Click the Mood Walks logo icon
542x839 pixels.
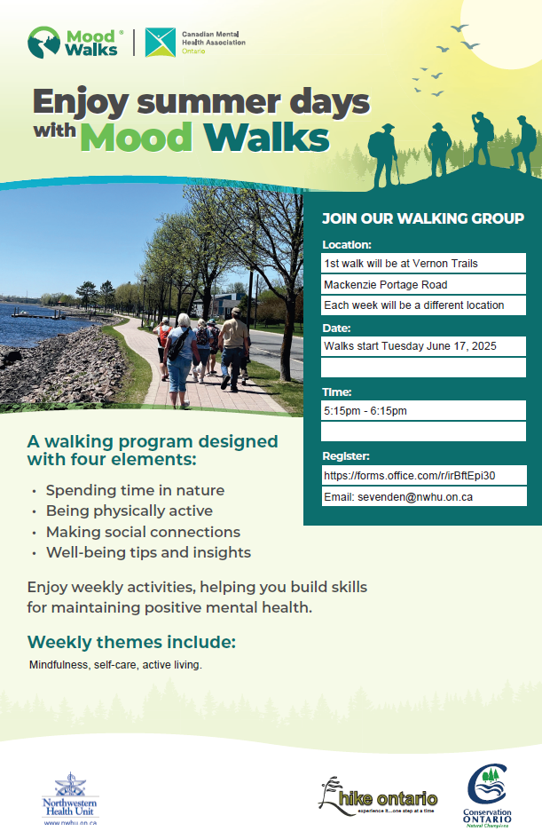point(43,42)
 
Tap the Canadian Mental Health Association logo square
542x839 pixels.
point(161,43)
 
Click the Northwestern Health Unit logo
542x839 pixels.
point(70,799)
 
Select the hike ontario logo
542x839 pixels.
point(378,796)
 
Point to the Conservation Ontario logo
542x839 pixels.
point(487,795)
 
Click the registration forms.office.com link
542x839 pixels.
point(410,475)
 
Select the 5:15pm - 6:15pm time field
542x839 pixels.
point(423,410)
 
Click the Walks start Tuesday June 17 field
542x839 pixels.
point(423,346)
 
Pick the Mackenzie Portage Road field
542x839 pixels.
point(423,284)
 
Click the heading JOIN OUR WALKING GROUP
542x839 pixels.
point(423,218)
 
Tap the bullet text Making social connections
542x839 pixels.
point(143,532)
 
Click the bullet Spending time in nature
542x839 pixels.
point(135,490)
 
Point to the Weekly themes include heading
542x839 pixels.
point(131,642)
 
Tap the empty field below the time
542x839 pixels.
point(423,431)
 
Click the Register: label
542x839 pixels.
point(346,455)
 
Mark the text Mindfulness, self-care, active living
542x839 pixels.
point(115,665)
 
